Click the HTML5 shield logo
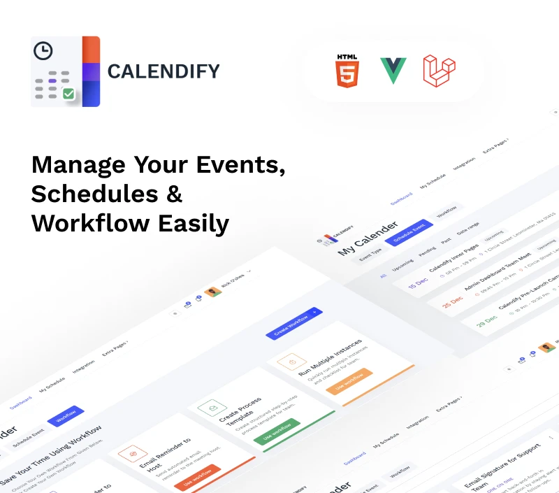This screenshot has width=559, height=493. tap(347, 70)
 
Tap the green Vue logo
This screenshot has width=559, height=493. tap(393, 71)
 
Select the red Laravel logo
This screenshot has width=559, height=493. tap(439, 71)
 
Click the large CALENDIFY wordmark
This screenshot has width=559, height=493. tap(164, 71)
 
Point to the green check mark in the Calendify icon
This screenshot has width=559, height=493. tap(68, 93)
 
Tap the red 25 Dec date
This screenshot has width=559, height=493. tap(453, 299)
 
